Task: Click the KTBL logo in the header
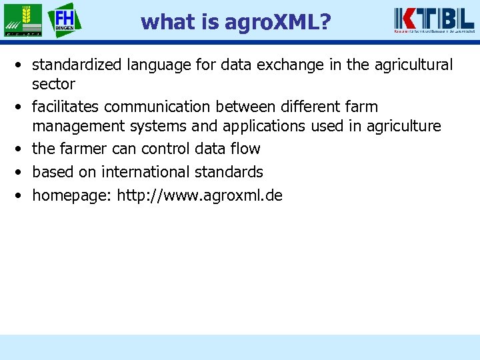(433, 19)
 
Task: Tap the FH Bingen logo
(65, 19)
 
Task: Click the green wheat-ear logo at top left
(22, 20)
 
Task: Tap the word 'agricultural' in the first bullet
(413, 65)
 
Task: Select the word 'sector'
(53, 84)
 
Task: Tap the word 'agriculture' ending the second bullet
(404, 126)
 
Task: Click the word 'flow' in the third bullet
(245, 149)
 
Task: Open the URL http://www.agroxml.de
(200, 195)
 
